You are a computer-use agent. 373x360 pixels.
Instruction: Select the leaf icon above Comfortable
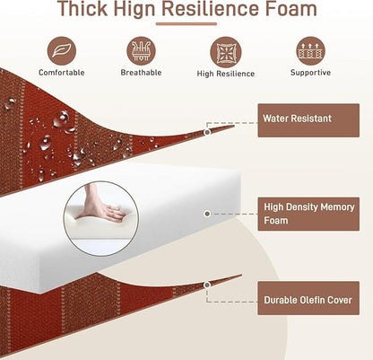click(62, 51)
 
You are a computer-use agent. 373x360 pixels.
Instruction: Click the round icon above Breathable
click(141, 51)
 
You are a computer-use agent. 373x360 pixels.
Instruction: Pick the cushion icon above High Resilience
click(225, 52)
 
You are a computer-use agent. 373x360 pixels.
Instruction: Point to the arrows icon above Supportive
click(310, 51)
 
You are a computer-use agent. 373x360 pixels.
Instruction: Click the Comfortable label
click(62, 73)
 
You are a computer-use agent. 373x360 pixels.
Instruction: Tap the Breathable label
click(141, 73)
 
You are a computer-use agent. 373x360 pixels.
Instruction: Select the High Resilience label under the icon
click(226, 74)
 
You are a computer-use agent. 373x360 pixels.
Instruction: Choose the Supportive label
click(310, 73)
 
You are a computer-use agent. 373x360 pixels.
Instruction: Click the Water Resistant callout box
click(308, 120)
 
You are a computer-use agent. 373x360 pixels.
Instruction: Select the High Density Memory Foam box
click(308, 214)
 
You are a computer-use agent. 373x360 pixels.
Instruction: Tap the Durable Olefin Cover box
click(308, 298)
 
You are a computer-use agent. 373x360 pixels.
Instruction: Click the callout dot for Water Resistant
click(207, 132)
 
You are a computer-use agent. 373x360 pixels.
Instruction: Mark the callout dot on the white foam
click(207, 214)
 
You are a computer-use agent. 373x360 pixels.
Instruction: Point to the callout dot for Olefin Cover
click(207, 285)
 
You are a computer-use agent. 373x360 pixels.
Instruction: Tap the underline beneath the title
click(186, 24)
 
